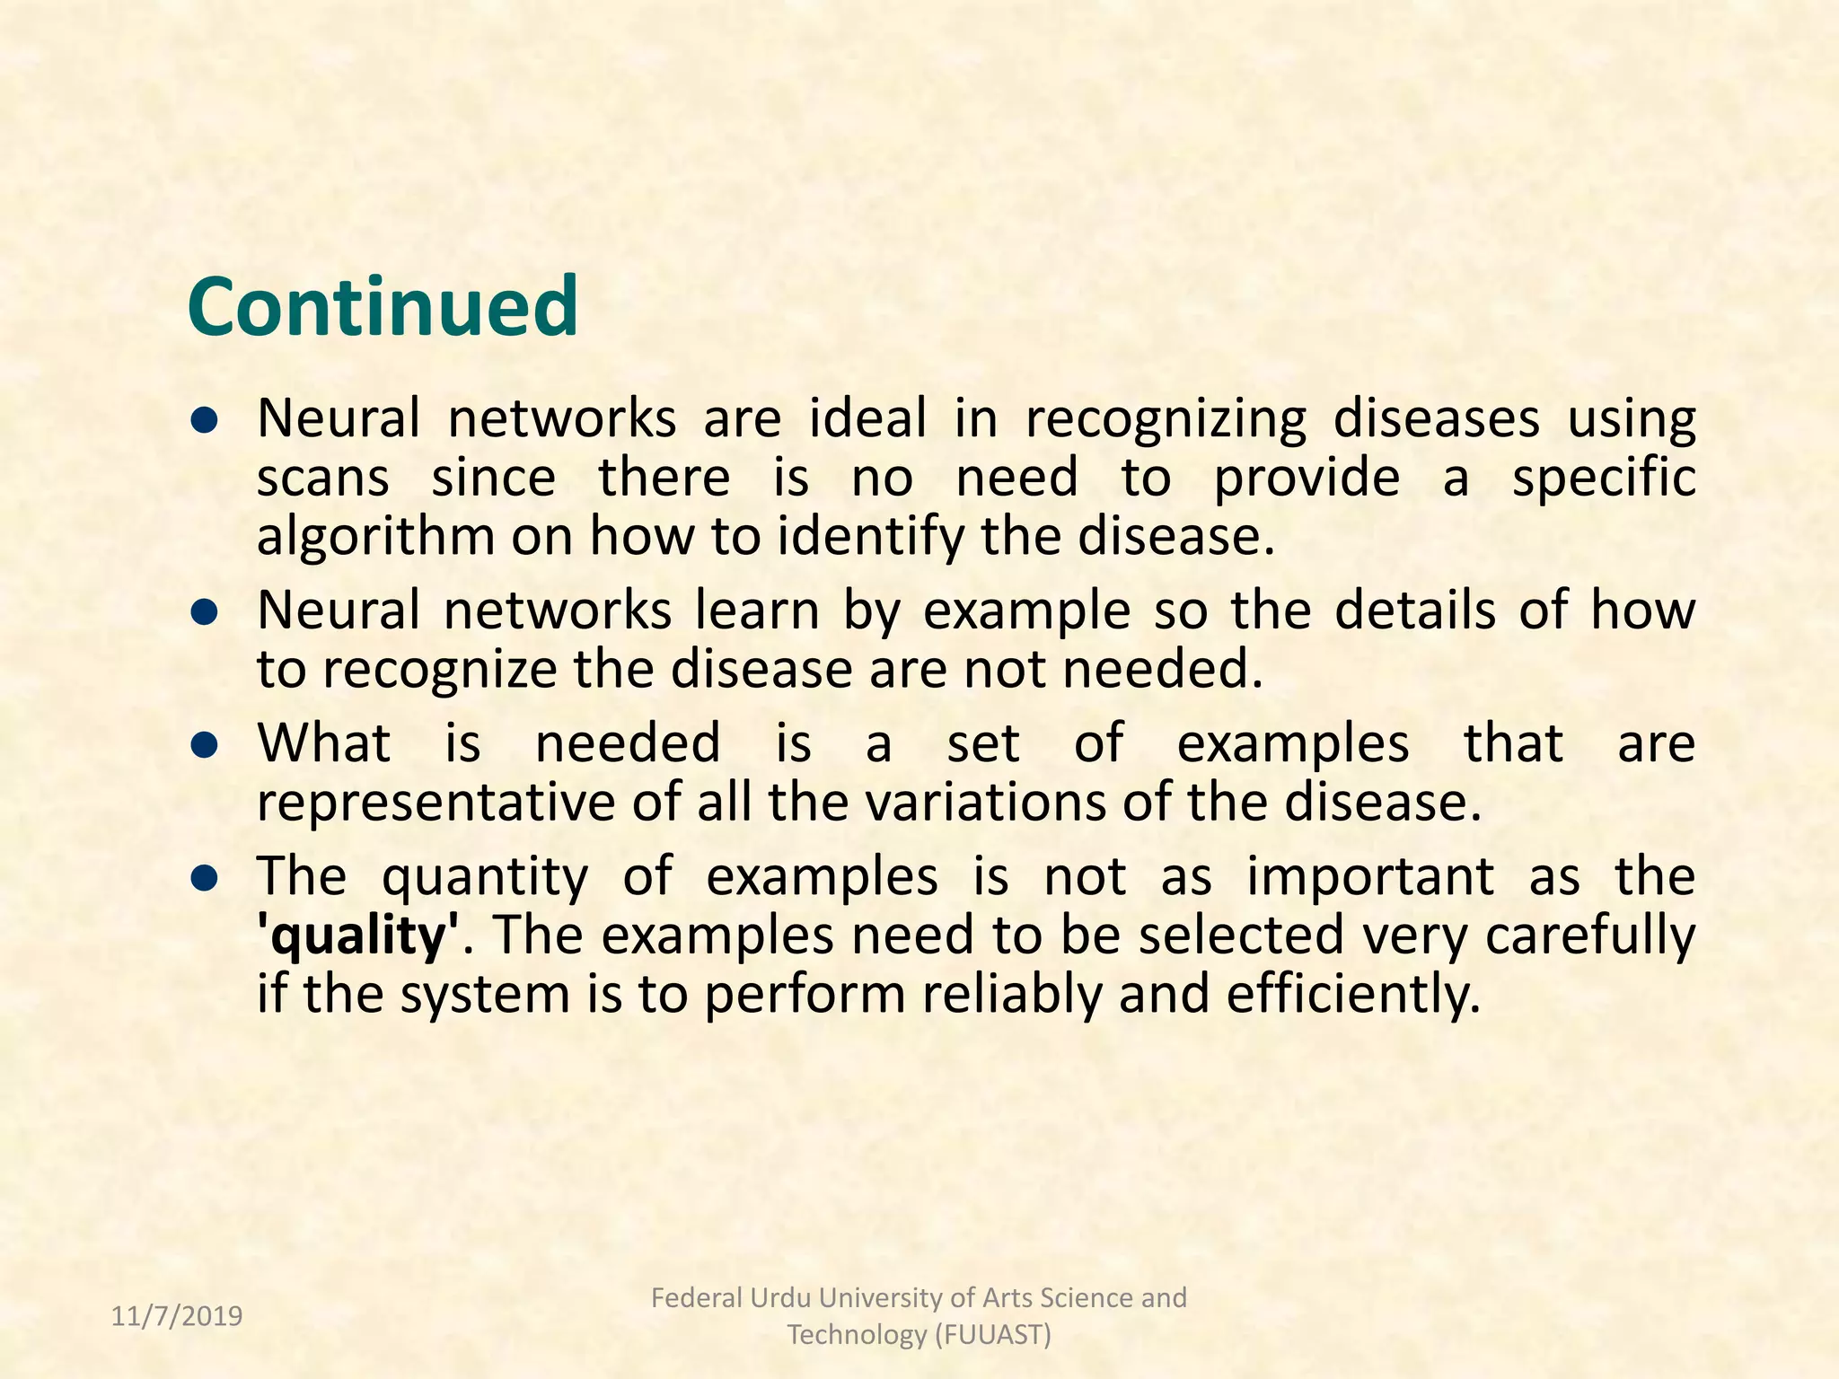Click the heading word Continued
pyautogui.click(x=383, y=307)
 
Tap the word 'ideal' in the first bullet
pyautogui.click(x=867, y=418)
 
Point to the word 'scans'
pyautogui.click(x=322, y=478)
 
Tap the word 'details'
pyautogui.click(x=1414, y=610)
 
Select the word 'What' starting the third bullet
pyautogui.click(x=324, y=743)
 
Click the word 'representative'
pyautogui.click(x=436, y=803)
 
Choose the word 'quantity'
pyautogui.click(x=485, y=878)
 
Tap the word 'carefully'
pyautogui.click(x=1589, y=936)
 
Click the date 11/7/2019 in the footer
pyautogui.click(x=177, y=1316)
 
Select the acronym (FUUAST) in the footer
pyautogui.click(x=992, y=1335)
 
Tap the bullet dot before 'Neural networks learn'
pyautogui.click(x=206, y=611)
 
